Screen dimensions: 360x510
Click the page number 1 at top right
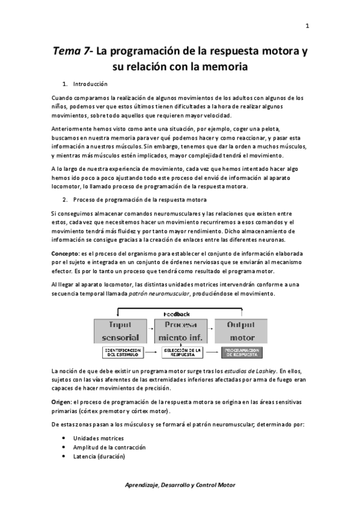pyautogui.click(x=307, y=26)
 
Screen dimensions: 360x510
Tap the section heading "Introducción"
pyautogui.click(x=90, y=84)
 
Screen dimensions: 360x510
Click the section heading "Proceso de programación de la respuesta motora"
pyautogui.click(x=140, y=199)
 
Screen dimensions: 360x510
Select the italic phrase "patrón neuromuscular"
pyautogui.click(x=165, y=294)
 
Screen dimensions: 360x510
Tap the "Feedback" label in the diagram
pyautogui.click(x=177, y=314)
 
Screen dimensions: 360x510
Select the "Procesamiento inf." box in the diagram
pyautogui.click(x=179, y=331)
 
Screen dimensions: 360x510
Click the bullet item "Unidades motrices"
pyautogui.click(x=99, y=438)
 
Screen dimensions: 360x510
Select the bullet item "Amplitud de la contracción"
pyautogui.click(x=109, y=447)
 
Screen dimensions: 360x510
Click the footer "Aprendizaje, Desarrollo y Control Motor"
pyautogui.click(x=180, y=485)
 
